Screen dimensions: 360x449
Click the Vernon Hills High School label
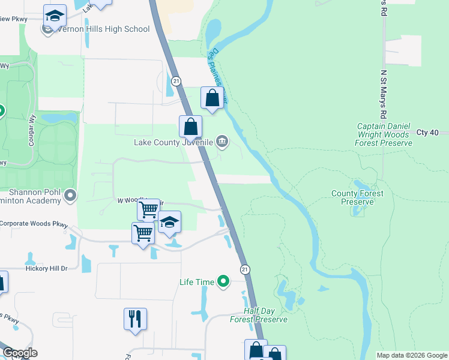(103, 29)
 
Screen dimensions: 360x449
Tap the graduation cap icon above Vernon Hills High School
(55, 16)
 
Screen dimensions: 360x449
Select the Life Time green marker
(223, 281)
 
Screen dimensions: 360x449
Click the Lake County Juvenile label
(173, 142)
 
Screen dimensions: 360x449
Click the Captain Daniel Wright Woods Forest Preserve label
(384, 134)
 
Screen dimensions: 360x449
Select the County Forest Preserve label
(358, 197)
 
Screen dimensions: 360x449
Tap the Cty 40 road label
(428, 132)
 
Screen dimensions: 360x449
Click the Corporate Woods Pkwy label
(33, 223)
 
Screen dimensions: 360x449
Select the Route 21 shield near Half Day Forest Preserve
(245, 269)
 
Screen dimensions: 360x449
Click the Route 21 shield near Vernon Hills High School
(176, 80)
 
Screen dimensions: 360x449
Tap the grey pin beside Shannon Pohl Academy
(71, 195)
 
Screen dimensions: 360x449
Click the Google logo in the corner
(19, 353)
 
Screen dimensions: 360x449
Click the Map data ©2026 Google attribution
(412, 355)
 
